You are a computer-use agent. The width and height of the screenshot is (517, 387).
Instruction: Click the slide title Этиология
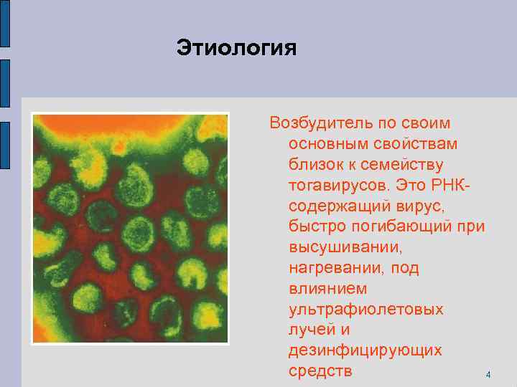[236, 49]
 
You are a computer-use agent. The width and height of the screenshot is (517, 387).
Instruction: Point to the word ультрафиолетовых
[365, 310]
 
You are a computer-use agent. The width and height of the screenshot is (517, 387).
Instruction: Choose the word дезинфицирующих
[365, 351]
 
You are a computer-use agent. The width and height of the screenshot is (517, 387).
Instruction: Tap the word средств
[320, 372]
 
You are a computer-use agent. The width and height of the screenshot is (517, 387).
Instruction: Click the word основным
[330, 144]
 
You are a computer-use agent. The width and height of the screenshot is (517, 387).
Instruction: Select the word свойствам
[416, 144]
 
